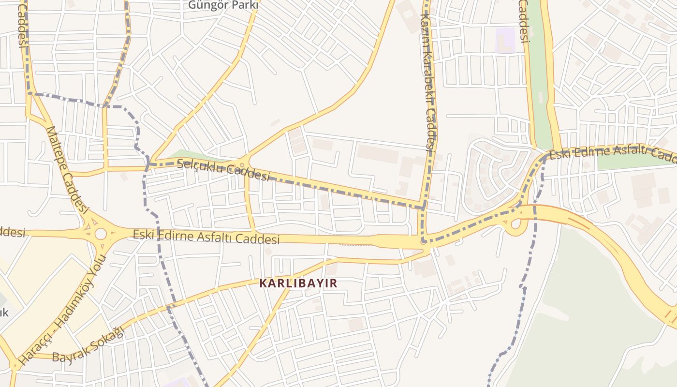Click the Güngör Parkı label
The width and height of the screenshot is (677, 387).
[x=223, y=5]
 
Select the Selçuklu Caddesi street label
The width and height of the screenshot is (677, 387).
[x=223, y=169]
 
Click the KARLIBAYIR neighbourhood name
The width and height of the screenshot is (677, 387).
[x=298, y=283]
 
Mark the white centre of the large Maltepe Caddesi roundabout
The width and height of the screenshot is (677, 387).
[x=101, y=234]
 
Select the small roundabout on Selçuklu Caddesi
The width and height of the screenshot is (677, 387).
[x=242, y=165]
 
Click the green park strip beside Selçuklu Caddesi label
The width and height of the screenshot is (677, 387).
[x=193, y=156]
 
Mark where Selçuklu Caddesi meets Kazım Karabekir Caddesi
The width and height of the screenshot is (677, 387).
[x=423, y=207]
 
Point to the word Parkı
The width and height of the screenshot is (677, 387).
[x=243, y=5]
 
